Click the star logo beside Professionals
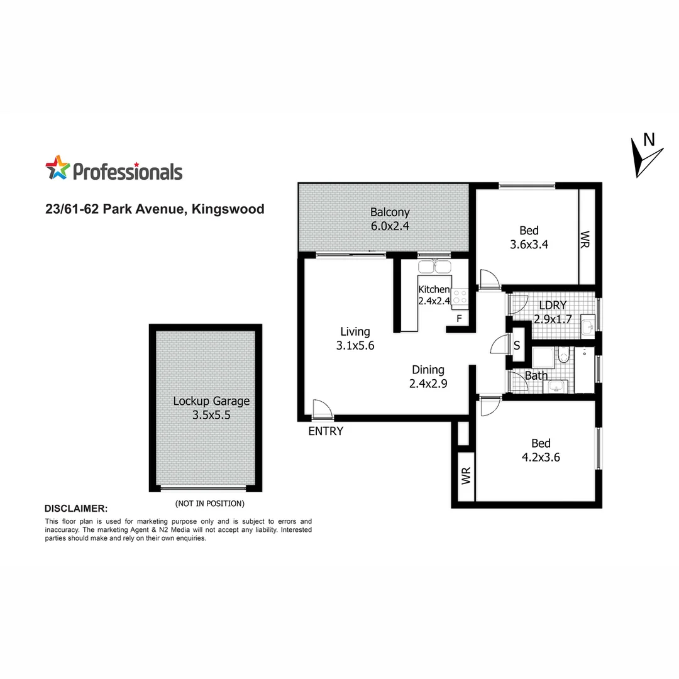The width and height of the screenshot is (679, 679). coord(57,168)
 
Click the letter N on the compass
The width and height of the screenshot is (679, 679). coord(649,140)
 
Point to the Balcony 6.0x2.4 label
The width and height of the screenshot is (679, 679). coord(390,219)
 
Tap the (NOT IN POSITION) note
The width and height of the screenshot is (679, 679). coord(209,504)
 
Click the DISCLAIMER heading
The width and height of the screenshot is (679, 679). coord(76,508)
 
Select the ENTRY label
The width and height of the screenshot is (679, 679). coord(326,431)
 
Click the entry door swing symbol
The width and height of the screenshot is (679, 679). coord(321,409)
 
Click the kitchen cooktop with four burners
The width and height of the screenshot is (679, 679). coord(459,295)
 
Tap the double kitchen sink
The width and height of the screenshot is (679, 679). coord(434,267)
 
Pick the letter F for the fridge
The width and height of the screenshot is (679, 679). coord(459,319)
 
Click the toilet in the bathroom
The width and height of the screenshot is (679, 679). coord(563,356)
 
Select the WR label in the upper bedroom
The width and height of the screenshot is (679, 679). coord(586,238)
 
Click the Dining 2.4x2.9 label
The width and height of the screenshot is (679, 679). coord(428,376)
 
